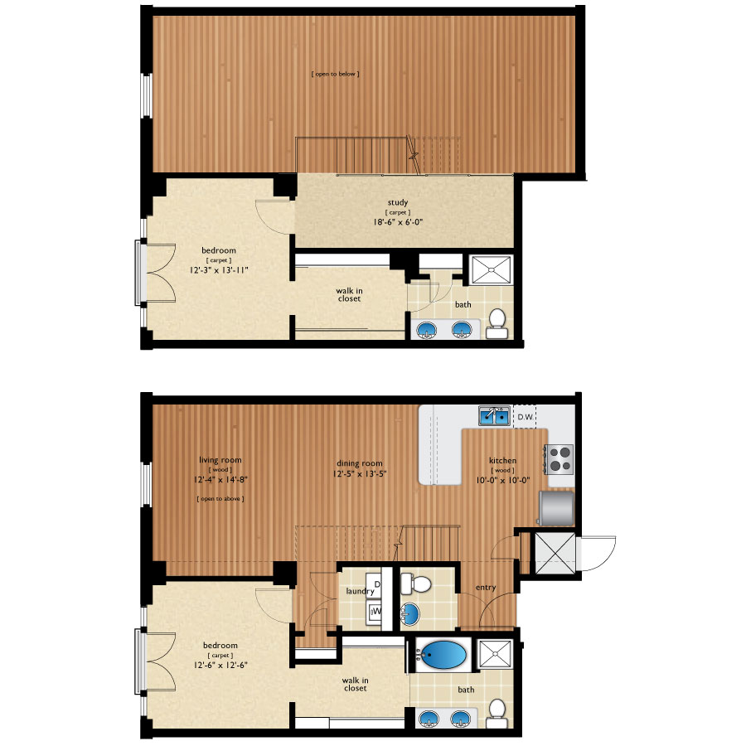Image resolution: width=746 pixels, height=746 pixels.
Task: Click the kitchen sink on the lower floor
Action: [494, 416]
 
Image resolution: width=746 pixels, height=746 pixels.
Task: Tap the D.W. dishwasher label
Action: [526, 417]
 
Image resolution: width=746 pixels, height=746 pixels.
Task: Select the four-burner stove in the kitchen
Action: [559, 459]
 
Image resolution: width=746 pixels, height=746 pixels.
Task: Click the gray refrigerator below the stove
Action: [555, 508]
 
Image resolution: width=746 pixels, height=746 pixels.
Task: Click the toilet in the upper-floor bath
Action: [497, 323]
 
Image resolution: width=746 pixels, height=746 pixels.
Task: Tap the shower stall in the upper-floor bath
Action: [491, 269]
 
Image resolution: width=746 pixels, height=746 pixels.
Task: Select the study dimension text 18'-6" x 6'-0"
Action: [398, 221]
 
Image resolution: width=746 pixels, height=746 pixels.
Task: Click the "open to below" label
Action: [336, 74]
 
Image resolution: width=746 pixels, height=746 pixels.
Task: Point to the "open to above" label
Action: [220, 499]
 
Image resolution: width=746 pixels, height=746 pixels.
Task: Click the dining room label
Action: [359, 463]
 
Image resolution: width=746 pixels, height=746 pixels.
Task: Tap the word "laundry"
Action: [361, 591]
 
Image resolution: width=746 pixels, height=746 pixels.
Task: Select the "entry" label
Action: [486, 588]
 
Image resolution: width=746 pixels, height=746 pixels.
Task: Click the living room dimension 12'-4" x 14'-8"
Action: [220, 480]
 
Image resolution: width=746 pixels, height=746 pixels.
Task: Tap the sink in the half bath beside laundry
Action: [409, 613]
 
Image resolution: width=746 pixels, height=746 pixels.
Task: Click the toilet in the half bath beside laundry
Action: [415, 584]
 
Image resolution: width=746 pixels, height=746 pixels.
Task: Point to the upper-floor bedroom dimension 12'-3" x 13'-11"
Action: [219, 269]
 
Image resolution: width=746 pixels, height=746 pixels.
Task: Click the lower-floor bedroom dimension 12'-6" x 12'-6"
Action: [220, 665]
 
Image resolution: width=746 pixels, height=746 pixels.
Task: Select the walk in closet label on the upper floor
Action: [349, 294]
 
